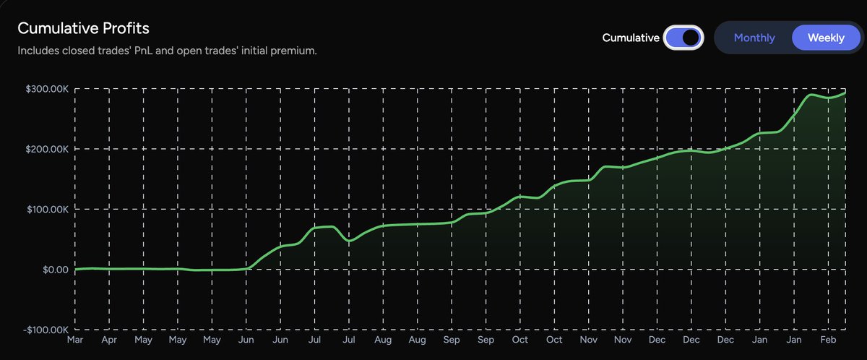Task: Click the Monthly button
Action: point(754,38)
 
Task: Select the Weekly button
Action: point(826,38)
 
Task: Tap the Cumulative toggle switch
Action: point(683,38)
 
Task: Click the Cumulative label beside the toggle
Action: point(631,38)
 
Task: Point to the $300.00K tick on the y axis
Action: point(48,89)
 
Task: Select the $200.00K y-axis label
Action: point(48,149)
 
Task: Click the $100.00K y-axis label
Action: point(48,209)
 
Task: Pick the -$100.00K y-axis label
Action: point(46,330)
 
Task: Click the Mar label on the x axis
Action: point(75,339)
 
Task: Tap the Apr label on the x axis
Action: point(109,339)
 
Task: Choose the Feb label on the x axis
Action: point(829,339)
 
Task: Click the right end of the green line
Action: point(845,93)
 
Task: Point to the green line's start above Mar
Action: point(76,269)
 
